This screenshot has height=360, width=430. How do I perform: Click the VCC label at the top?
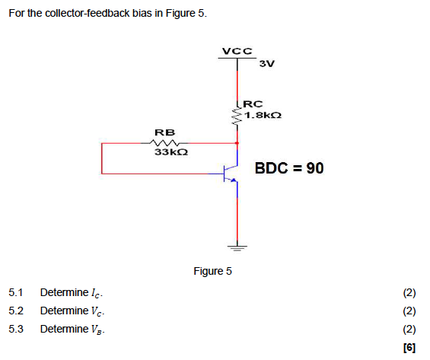237,51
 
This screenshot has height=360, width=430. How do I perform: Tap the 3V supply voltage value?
266,63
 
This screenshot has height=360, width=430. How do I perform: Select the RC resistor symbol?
237,115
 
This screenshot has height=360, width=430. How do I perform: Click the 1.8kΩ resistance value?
264,115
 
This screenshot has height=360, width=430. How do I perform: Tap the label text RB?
164,131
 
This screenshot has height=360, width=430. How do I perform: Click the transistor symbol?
231,175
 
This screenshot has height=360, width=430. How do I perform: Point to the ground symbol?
237,247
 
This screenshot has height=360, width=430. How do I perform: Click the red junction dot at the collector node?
237,142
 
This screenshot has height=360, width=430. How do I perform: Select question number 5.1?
16,293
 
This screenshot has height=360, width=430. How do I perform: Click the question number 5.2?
16,311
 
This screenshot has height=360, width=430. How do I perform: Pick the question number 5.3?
16,329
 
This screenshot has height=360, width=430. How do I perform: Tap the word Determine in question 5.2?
64,311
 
